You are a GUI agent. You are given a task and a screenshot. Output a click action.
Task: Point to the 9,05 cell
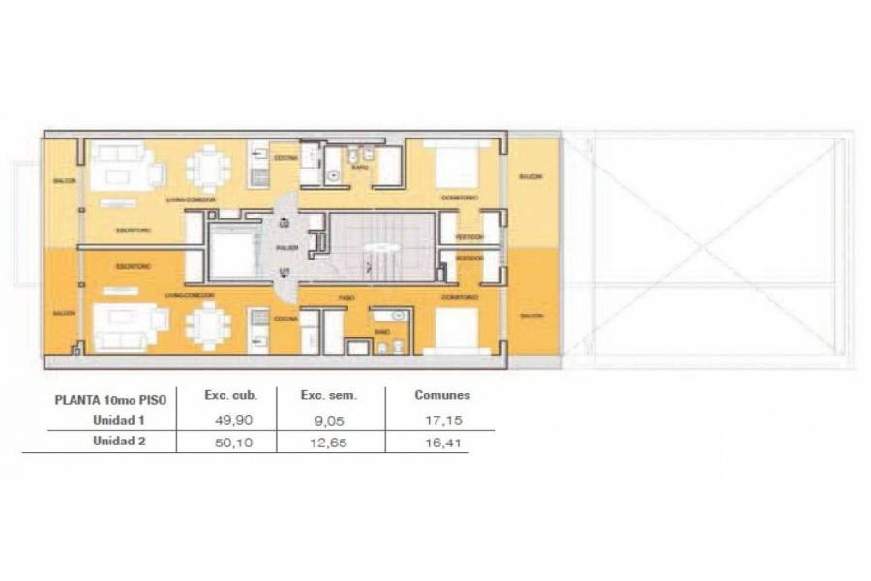(x=329, y=419)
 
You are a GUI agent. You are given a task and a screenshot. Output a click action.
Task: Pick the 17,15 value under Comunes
(x=440, y=419)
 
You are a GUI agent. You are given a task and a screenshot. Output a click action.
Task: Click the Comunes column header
(x=442, y=395)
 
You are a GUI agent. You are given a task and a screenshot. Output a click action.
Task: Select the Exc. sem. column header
(x=329, y=395)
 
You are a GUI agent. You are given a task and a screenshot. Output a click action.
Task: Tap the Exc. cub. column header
(x=228, y=395)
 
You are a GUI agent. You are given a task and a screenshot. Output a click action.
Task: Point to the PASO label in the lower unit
(x=344, y=296)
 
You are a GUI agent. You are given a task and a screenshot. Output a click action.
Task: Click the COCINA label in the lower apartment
(x=285, y=319)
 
